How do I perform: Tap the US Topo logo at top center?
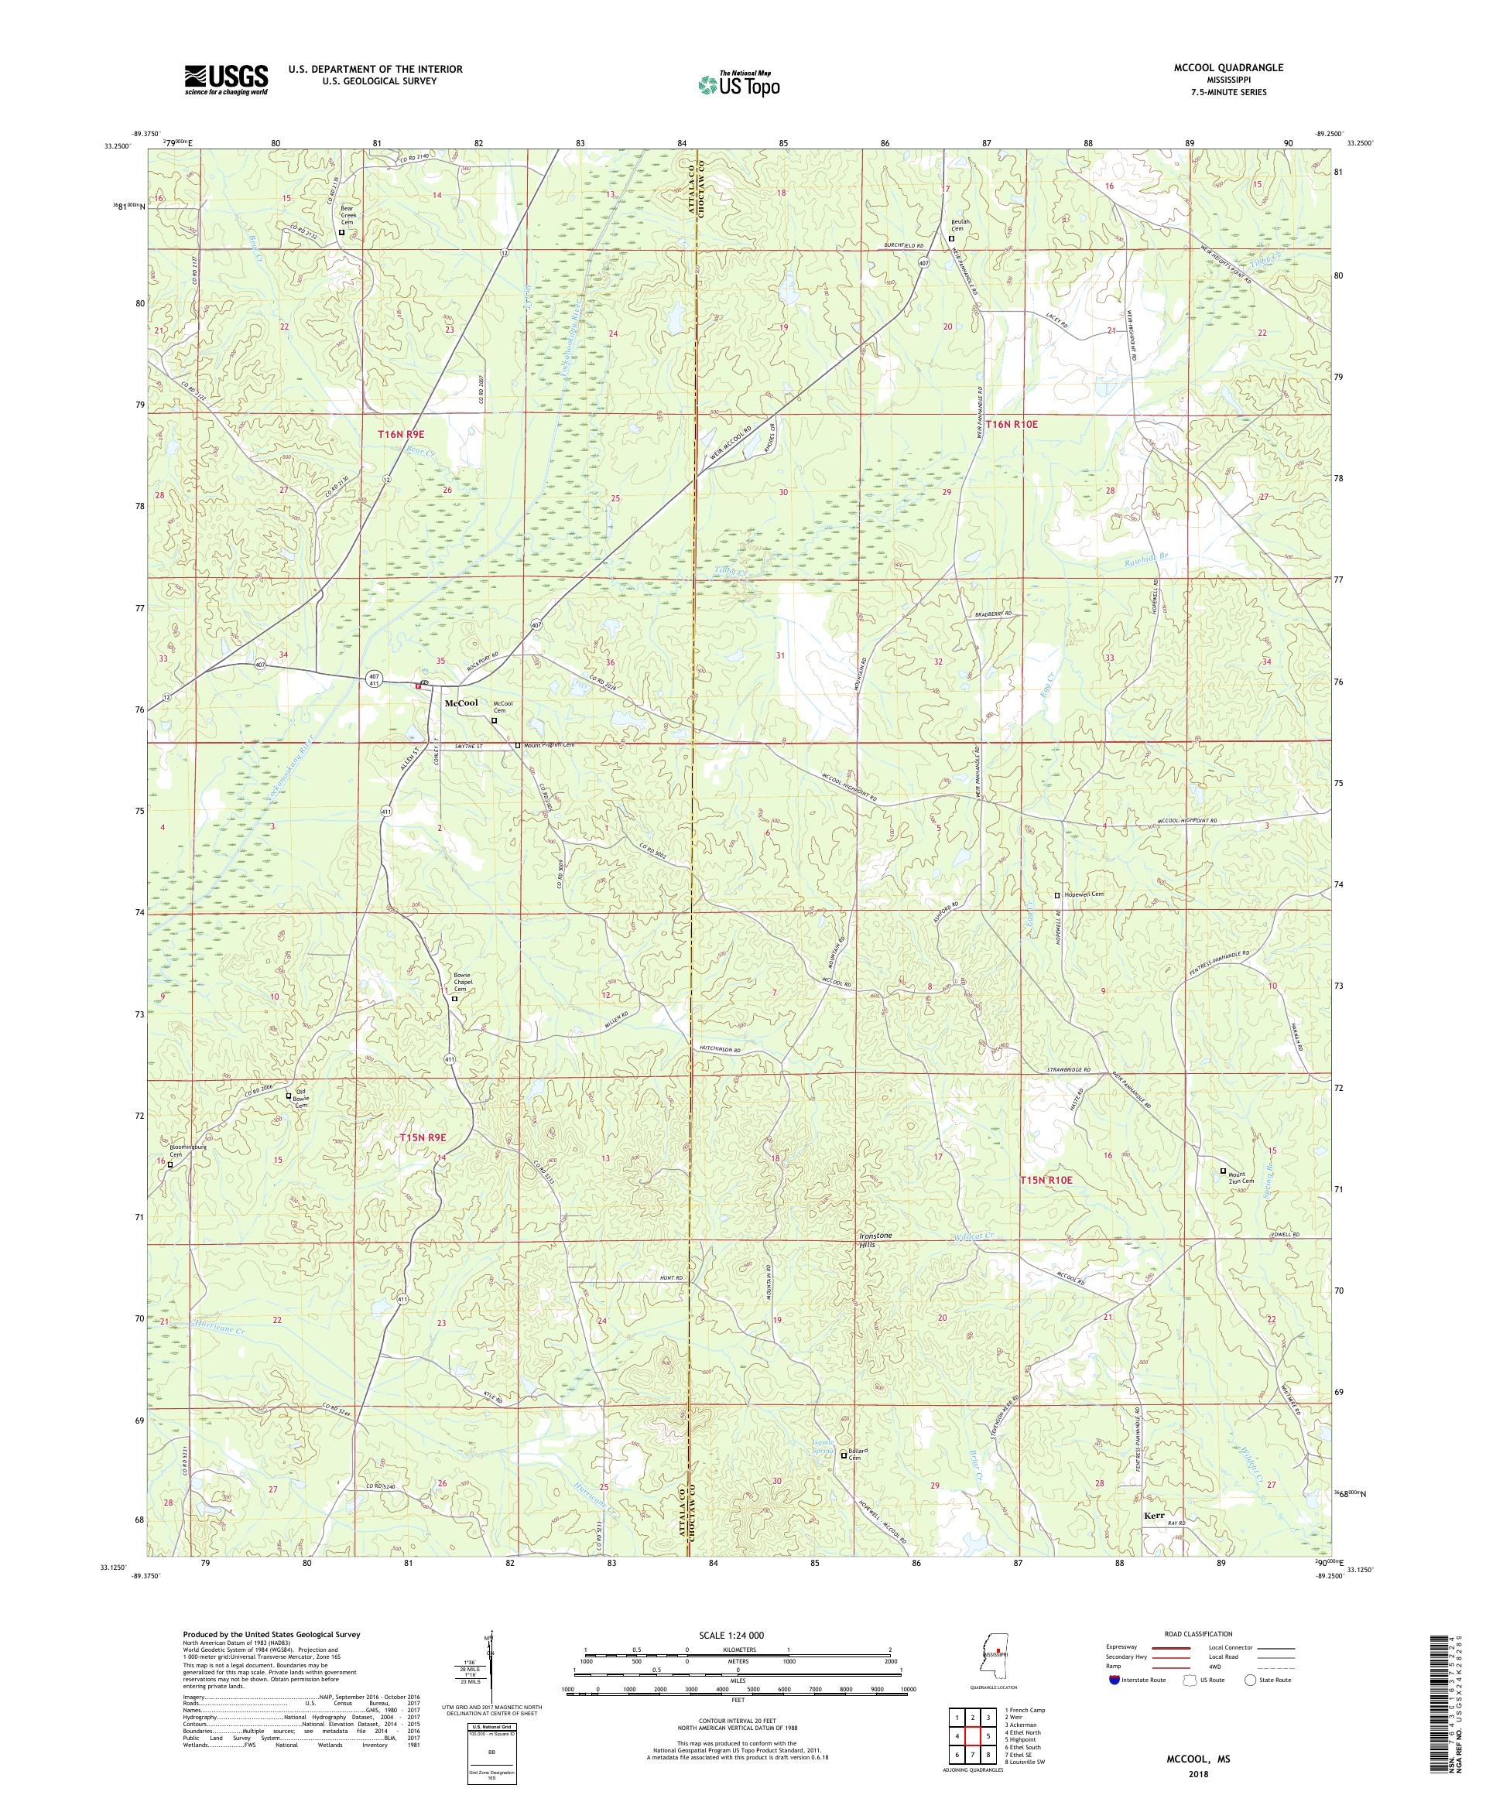pos(740,84)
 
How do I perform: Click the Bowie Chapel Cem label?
pos(466,982)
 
